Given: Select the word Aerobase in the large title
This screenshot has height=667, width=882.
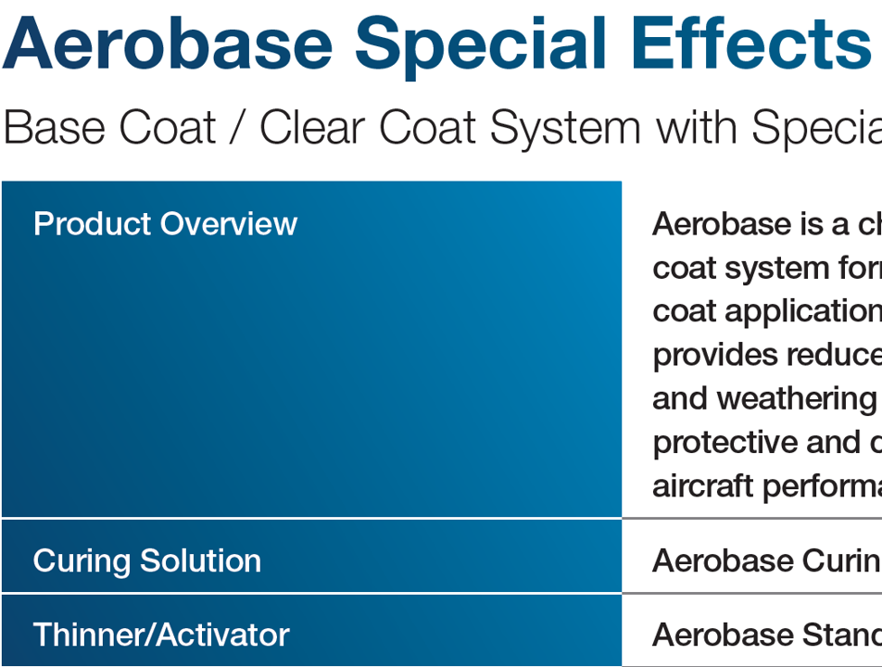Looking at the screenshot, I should (x=168, y=44).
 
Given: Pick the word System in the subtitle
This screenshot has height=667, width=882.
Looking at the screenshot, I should (x=565, y=128).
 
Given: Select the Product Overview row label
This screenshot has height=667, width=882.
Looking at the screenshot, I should (x=165, y=224).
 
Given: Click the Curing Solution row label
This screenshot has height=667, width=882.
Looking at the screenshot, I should (x=146, y=560).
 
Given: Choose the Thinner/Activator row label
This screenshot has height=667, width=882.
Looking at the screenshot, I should (x=161, y=635).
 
